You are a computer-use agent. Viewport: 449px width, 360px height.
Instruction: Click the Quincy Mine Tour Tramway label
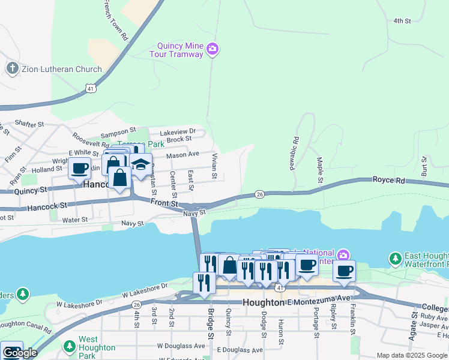[x=179, y=50]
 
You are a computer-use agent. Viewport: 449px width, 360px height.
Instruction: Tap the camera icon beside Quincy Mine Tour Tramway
[x=212, y=49]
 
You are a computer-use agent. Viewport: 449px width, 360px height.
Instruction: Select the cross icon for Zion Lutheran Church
[x=12, y=68]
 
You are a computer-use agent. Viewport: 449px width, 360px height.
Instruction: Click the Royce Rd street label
[x=389, y=179]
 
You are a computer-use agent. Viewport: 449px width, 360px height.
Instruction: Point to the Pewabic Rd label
[x=295, y=154]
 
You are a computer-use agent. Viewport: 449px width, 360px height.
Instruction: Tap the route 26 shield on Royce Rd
[x=259, y=194]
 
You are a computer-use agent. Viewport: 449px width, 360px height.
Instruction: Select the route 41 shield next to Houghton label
[x=281, y=288]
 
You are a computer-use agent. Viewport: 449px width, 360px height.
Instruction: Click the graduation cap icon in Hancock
[x=140, y=164]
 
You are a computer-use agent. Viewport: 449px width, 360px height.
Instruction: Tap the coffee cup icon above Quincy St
[x=80, y=168]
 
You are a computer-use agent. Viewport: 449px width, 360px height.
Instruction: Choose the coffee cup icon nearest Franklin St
[x=344, y=271]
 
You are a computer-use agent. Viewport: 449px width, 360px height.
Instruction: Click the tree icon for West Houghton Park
[x=70, y=343]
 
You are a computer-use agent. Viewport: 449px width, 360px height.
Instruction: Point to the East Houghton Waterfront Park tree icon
[x=395, y=259]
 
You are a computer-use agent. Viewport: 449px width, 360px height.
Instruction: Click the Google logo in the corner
[x=20, y=353]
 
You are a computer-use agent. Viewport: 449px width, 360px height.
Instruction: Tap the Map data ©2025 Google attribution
[x=411, y=355]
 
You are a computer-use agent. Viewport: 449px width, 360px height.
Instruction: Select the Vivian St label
[x=214, y=166]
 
